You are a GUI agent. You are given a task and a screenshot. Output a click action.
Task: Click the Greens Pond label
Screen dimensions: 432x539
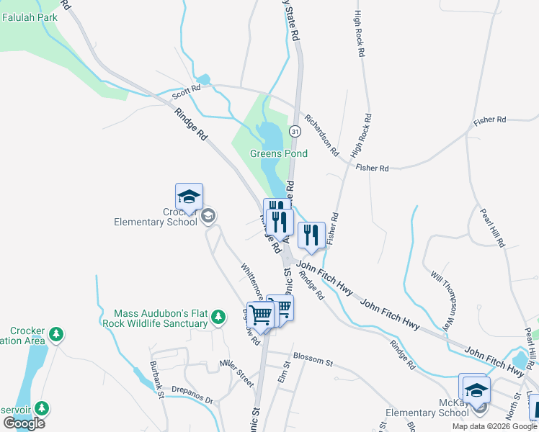pos(278,153)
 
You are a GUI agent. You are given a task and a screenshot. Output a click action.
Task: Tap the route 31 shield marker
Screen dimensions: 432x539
pos(295,131)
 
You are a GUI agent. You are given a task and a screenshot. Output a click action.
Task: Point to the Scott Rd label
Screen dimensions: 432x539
pos(184,94)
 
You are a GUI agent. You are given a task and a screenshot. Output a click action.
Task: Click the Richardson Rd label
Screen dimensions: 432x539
pos(321,135)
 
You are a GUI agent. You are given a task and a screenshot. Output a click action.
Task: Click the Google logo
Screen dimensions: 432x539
pos(24,423)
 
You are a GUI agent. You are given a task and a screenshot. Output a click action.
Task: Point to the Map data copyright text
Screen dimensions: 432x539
pos(495,426)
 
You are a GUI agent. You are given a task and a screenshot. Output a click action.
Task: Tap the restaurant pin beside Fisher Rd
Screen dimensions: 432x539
pos(311,235)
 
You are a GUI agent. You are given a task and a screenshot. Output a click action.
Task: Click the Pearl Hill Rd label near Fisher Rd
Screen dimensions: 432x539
pos(493,228)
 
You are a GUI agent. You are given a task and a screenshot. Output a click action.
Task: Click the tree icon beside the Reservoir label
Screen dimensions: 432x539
pos(42,408)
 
